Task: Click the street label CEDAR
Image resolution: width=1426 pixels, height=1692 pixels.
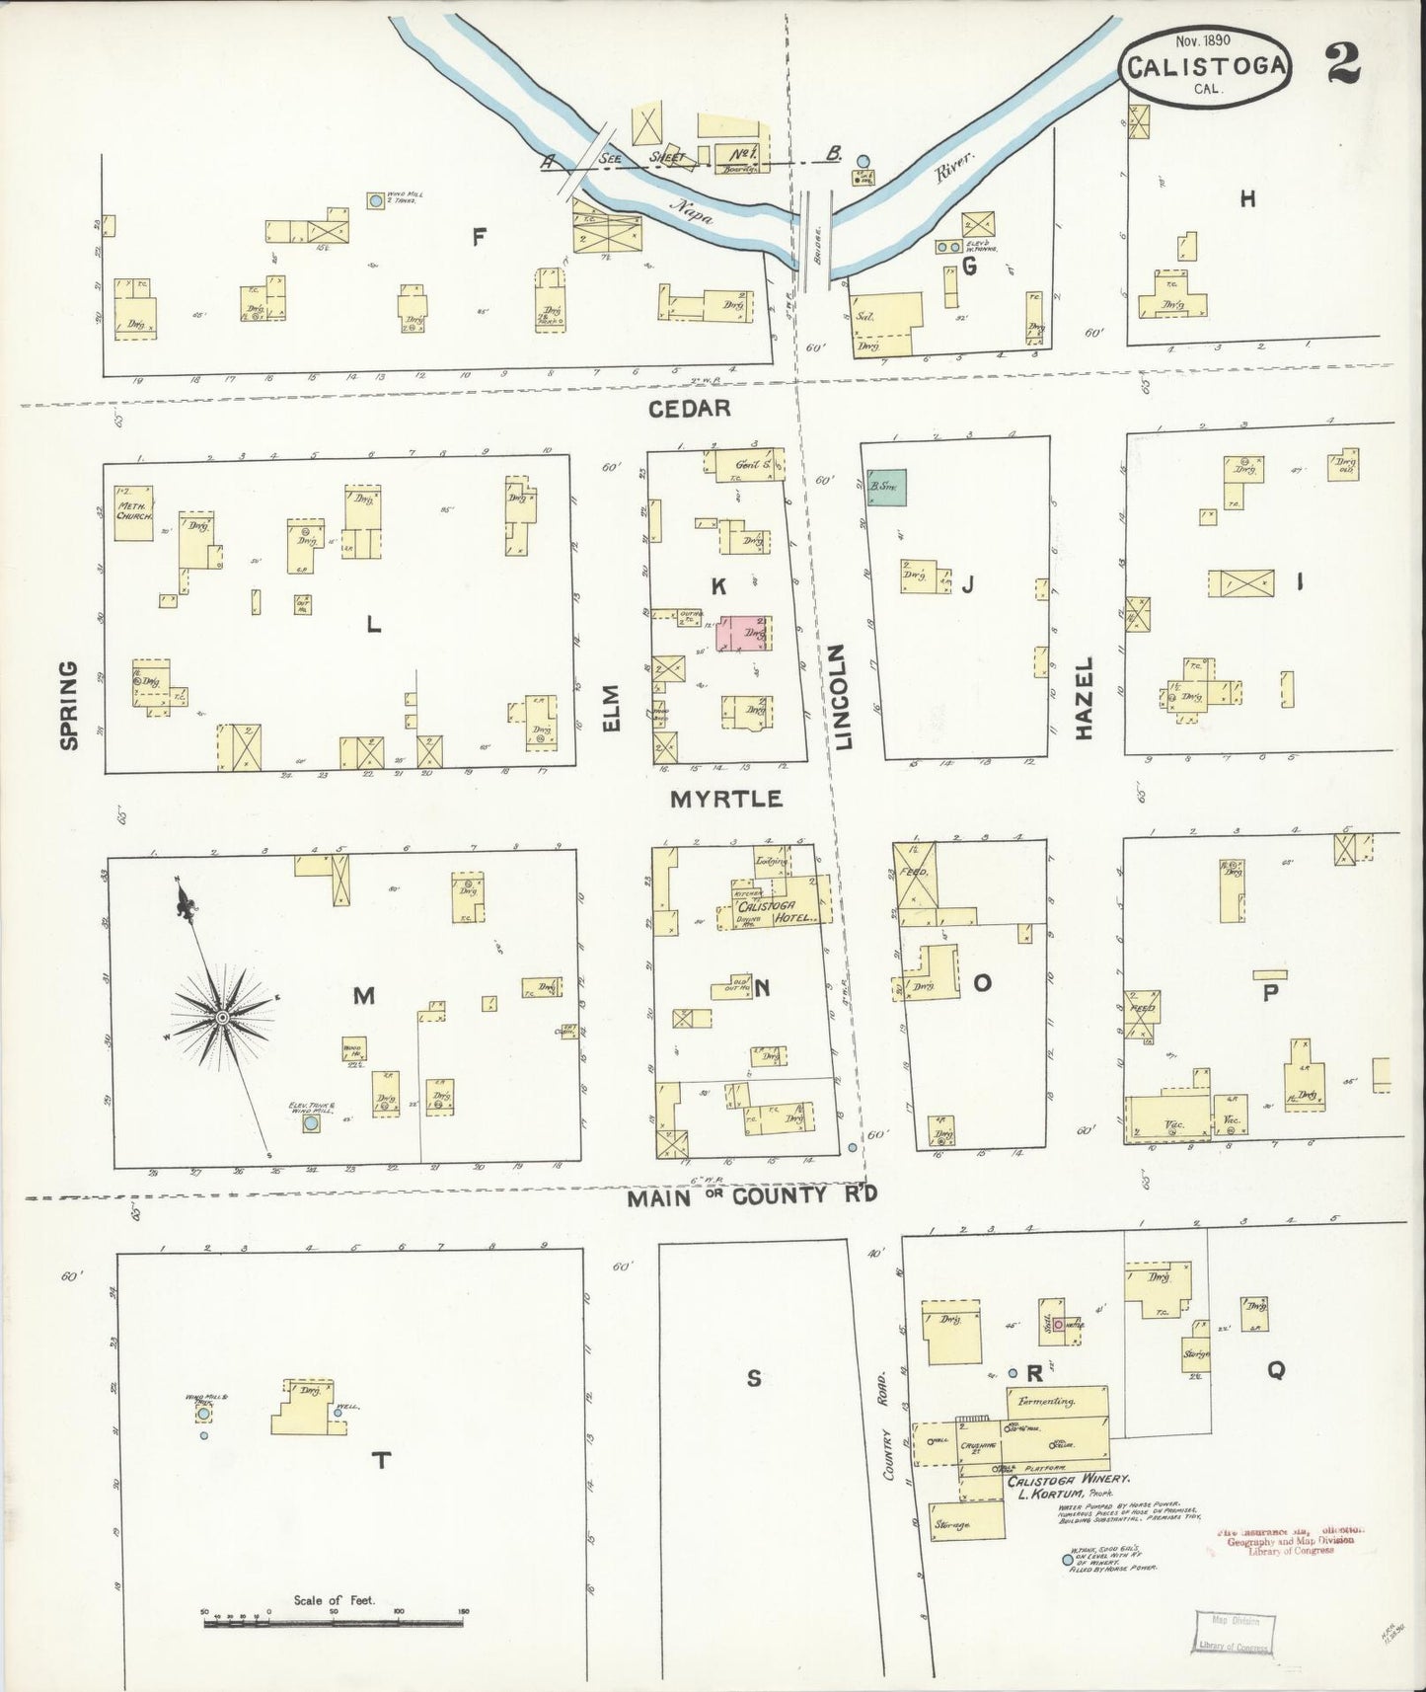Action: [690, 408]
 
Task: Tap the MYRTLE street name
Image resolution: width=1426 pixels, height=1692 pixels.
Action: [726, 799]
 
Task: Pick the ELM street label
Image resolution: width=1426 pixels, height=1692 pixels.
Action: [612, 708]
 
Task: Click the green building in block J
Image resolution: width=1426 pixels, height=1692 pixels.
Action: [886, 488]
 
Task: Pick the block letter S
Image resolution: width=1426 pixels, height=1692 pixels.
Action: [753, 1378]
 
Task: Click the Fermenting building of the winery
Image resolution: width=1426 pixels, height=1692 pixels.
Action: [1056, 1400]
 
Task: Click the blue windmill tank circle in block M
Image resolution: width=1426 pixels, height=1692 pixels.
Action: [311, 1123]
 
